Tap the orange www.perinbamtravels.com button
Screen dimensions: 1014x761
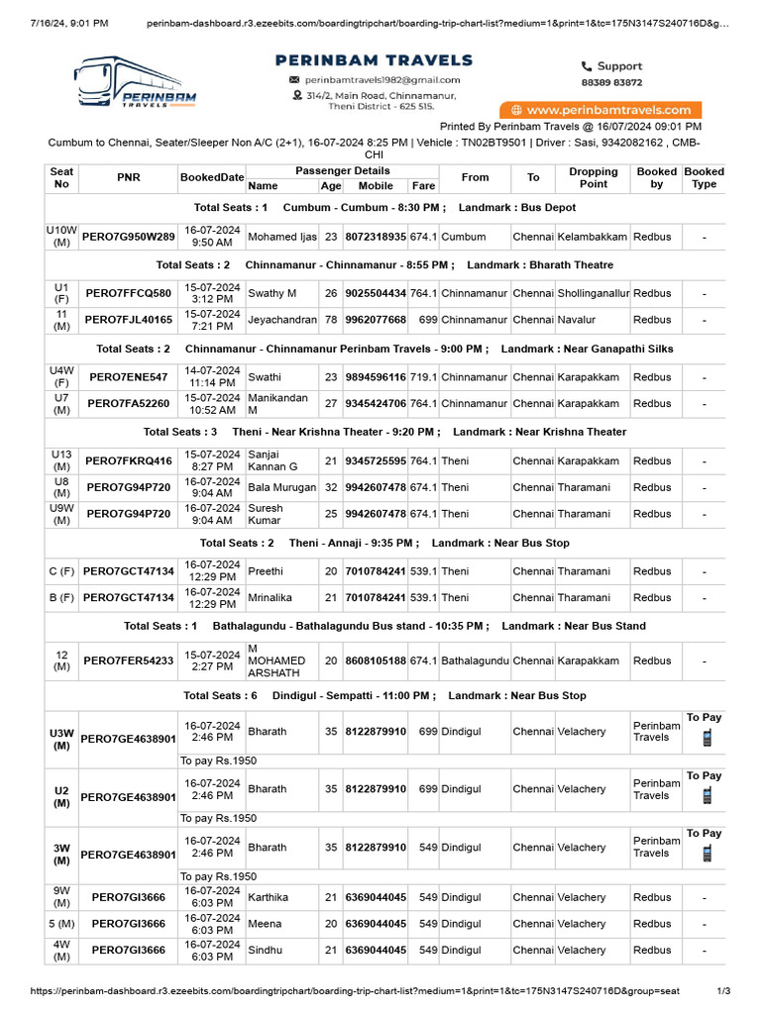(600, 110)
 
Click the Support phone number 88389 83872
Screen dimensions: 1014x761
(610, 83)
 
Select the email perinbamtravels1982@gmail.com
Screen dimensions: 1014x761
(381, 79)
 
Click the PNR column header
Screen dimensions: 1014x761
(128, 178)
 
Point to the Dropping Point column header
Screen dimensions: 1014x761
(594, 178)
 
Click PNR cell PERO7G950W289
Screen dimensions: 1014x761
(128, 238)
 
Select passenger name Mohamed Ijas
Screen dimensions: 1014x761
(281, 238)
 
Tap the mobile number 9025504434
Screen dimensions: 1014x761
(376, 294)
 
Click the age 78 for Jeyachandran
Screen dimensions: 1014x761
(331, 321)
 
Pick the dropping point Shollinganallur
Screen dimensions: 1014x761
(594, 294)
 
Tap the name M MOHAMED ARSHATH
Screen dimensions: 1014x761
(276, 660)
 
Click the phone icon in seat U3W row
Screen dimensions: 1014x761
(707, 738)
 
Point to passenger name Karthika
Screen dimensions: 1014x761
(268, 897)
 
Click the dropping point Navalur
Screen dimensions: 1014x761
(577, 321)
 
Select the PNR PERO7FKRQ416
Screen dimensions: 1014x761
(128, 461)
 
